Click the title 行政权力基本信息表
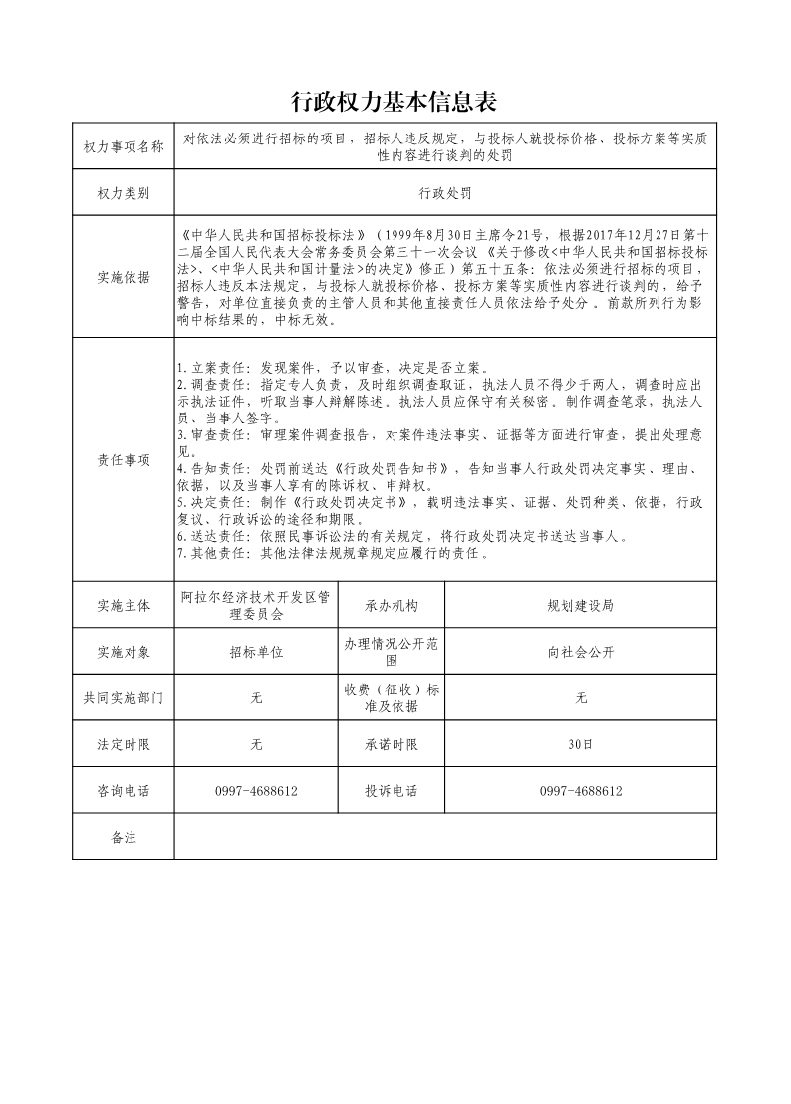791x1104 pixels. (x=394, y=102)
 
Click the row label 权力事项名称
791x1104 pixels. (x=124, y=147)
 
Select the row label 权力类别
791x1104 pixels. (x=124, y=192)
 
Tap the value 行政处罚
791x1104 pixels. (x=444, y=192)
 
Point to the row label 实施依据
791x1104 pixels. (x=124, y=277)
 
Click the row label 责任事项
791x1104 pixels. (x=124, y=459)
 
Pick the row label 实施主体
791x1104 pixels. (x=124, y=605)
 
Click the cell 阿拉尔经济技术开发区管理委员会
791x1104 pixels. (x=256, y=605)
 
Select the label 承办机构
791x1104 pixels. (x=392, y=605)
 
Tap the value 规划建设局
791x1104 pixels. (x=581, y=605)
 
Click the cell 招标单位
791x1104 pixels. (x=256, y=652)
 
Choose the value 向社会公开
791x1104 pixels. (x=581, y=652)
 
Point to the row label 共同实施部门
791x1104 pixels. (x=124, y=698)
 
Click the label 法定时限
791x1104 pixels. (x=124, y=744)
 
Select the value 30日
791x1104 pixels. (x=581, y=744)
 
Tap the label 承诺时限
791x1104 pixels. (x=392, y=744)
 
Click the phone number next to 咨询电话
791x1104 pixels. (x=256, y=791)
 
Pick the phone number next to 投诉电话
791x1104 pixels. (x=581, y=791)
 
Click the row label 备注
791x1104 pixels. (x=124, y=837)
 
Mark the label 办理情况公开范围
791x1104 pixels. (x=392, y=652)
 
